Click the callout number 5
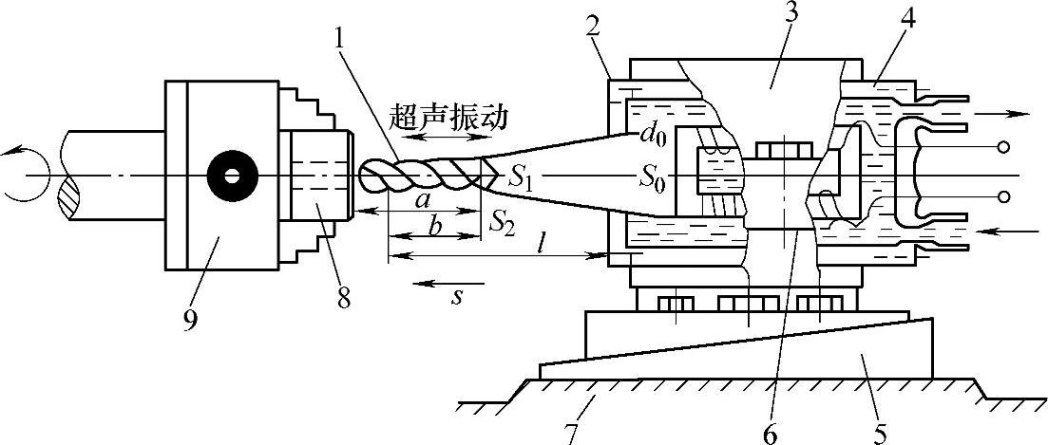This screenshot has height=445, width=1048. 879,432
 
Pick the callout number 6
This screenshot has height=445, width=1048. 772,433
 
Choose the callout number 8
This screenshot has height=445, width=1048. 344,297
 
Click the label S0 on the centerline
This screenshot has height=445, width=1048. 652,177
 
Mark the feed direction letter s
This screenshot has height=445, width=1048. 456,295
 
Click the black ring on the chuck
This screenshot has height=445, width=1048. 229,176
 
